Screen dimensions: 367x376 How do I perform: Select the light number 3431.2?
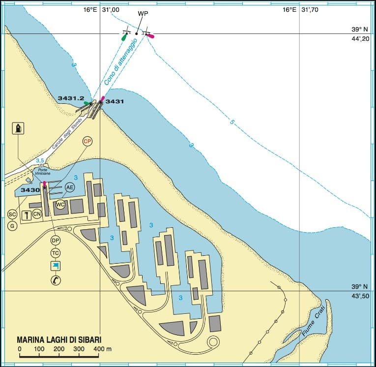pyautogui.click(x=70, y=98)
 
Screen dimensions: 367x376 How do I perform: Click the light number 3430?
pyautogui.click(x=30, y=190)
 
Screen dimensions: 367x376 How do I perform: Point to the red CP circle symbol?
pyautogui.click(x=87, y=141)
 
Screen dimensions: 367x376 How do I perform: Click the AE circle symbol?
pyautogui.click(x=70, y=187)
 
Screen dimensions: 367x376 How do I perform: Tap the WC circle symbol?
pyautogui.click(x=60, y=204)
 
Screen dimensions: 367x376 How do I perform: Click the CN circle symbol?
pyautogui.click(x=37, y=214)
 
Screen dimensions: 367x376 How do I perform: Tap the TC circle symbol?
pyautogui.click(x=56, y=253)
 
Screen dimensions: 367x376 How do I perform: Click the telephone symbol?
pyautogui.click(x=56, y=280)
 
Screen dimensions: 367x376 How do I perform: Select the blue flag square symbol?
pyautogui.click(x=56, y=266)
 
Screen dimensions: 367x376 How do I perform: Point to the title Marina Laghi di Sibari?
pyautogui.click(x=62, y=339)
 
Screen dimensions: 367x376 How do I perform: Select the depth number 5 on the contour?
pyautogui.click(x=231, y=122)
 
